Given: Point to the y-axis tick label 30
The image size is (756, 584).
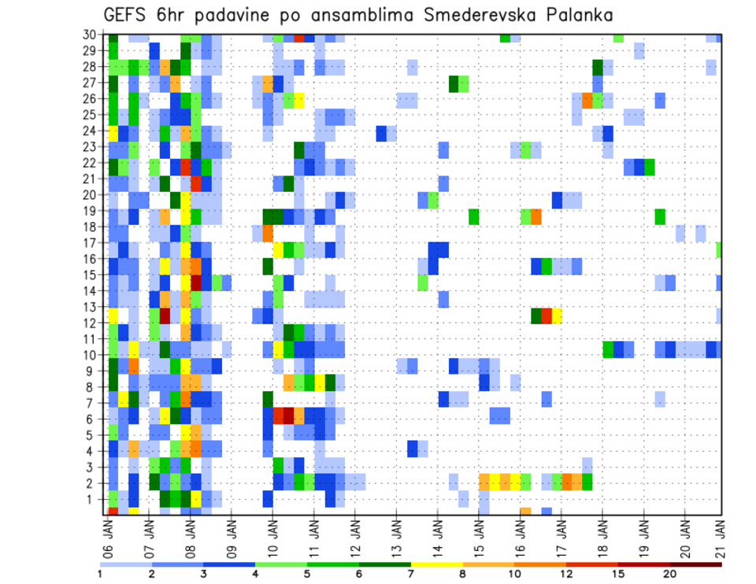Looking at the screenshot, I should [x=91, y=35].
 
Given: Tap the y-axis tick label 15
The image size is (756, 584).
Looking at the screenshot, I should [x=91, y=275].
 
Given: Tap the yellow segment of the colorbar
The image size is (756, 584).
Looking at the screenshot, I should [x=437, y=564].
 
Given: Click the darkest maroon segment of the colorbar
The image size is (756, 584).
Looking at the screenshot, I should [x=696, y=564].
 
